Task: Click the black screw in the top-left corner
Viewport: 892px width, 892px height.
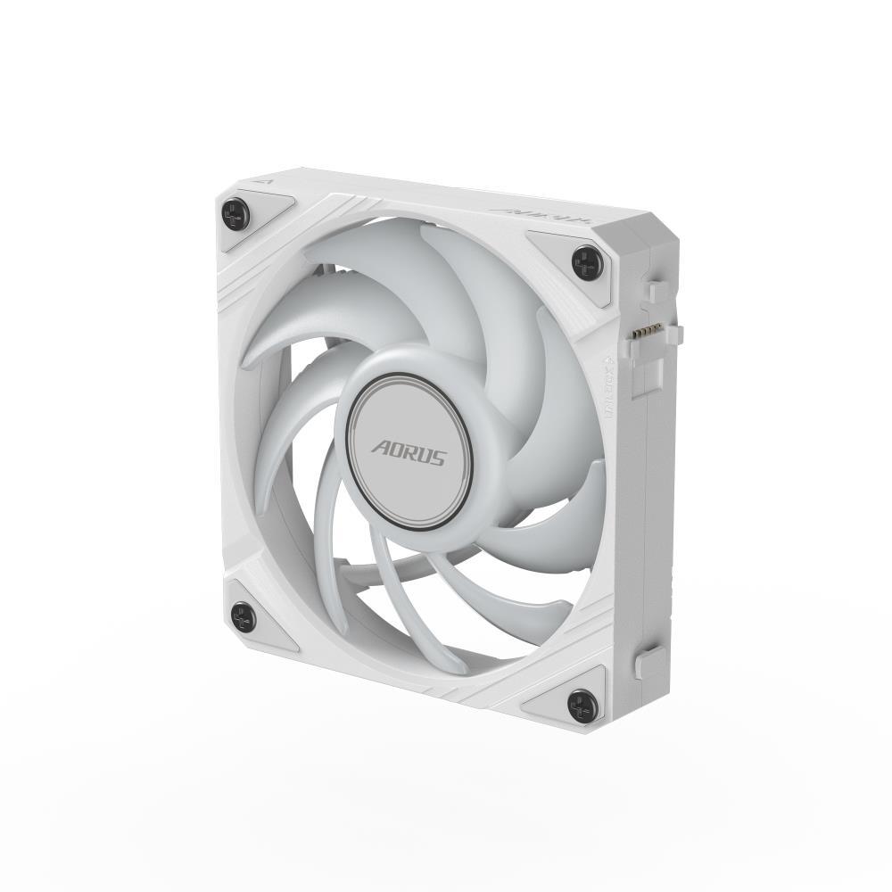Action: coord(235,213)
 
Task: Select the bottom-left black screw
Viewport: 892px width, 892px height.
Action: coord(243,616)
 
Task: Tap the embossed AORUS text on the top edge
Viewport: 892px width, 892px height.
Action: coord(519,213)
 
